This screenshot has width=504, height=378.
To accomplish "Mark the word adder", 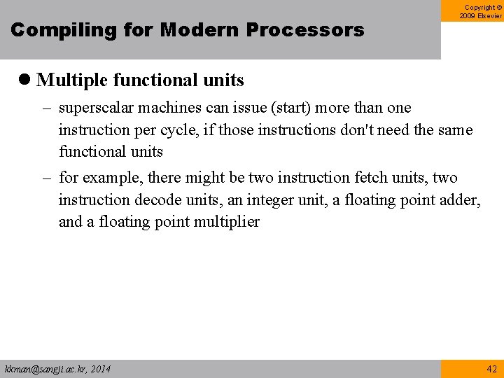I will point(459,200).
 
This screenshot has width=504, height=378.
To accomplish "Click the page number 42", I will point(491,368).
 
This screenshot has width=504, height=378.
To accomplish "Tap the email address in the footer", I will point(57,368).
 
